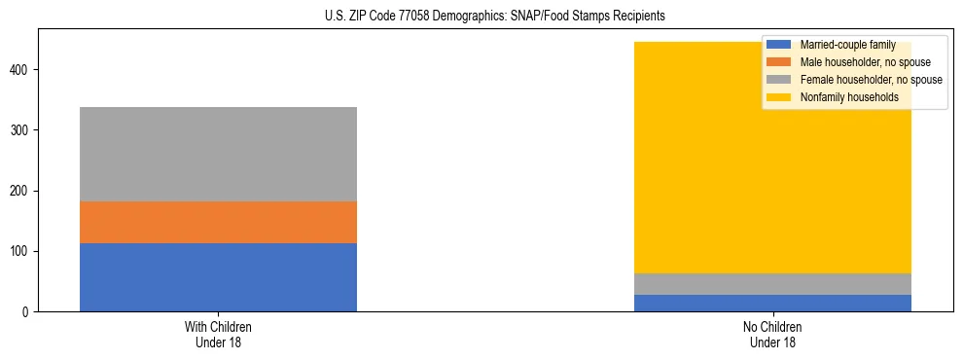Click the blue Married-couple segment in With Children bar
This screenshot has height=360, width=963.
tap(218, 277)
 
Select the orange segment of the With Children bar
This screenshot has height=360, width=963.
tap(218, 222)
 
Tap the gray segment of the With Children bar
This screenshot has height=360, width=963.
tap(218, 154)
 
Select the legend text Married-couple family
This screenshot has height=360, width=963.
tap(847, 45)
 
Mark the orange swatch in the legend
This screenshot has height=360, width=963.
tap(779, 62)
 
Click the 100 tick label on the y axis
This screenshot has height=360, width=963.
tap(21, 251)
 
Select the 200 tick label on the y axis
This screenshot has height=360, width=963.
tap(21, 191)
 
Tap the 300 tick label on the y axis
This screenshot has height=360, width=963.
tap(21, 130)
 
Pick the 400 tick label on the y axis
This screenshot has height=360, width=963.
tap(21, 70)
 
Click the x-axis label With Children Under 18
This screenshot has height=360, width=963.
tap(218, 334)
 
